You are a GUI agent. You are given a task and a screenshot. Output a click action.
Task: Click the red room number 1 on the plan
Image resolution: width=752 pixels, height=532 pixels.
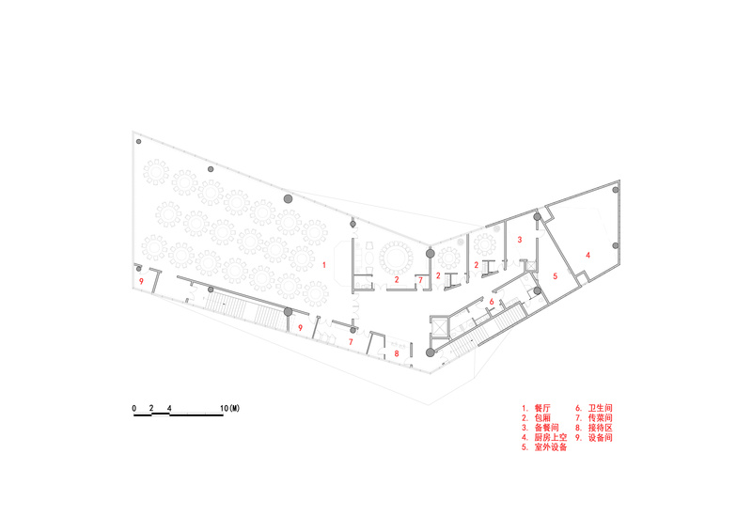click(324, 265)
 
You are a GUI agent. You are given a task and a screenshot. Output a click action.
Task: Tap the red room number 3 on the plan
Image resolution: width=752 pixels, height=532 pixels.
click(520, 240)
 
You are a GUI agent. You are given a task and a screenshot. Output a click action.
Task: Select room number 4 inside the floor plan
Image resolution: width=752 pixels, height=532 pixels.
click(588, 256)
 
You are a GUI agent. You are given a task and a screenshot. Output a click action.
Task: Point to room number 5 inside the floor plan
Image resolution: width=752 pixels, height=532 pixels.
click(556, 276)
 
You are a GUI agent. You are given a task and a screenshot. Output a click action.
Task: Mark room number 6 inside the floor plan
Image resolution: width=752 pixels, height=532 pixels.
click(492, 302)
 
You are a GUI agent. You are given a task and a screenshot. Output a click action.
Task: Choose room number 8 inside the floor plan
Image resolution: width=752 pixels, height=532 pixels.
click(397, 353)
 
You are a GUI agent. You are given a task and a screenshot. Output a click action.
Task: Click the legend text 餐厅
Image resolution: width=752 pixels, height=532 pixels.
click(542, 408)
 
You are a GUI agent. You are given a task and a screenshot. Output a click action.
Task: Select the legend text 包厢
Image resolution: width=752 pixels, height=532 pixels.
click(542, 418)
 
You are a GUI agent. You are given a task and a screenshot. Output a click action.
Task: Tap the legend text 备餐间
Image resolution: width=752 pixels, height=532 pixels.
click(547, 428)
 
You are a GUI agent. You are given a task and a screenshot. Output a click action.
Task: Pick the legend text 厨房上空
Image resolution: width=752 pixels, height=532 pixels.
click(551, 437)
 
